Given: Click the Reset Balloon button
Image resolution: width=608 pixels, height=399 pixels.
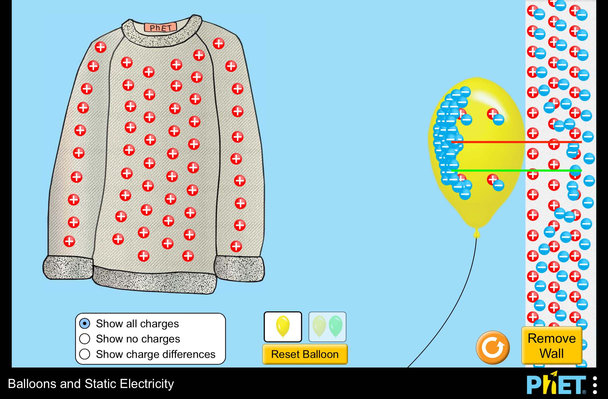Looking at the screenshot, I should click(x=305, y=354).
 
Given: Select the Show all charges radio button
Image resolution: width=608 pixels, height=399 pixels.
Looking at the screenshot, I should click(x=85, y=323).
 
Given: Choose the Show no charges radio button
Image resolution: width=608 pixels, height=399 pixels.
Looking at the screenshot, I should click(x=85, y=339).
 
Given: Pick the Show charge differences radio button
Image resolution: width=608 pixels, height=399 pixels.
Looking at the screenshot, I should click(x=85, y=354).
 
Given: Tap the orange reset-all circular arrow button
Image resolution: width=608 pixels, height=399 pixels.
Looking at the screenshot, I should click(x=493, y=347).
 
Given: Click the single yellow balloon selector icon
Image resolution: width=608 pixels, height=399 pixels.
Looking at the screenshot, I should click(x=283, y=327).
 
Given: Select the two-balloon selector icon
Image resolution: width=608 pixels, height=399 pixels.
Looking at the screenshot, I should click(x=327, y=327).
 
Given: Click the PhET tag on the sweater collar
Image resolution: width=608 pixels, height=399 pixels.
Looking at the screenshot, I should click(x=160, y=28).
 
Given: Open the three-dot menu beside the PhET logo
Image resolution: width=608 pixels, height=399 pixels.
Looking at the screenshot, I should click(x=595, y=385).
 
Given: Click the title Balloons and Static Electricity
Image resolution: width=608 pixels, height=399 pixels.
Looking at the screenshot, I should click(x=91, y=384).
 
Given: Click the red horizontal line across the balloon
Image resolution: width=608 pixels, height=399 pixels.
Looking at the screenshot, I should click(x=505, y=142).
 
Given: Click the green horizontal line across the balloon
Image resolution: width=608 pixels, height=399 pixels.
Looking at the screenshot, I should click(x=505, y=170).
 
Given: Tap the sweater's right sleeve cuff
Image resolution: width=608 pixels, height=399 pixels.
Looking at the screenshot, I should click(x=239, y=269).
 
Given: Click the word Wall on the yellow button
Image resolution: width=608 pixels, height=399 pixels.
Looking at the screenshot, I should click(x=552, y=354).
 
